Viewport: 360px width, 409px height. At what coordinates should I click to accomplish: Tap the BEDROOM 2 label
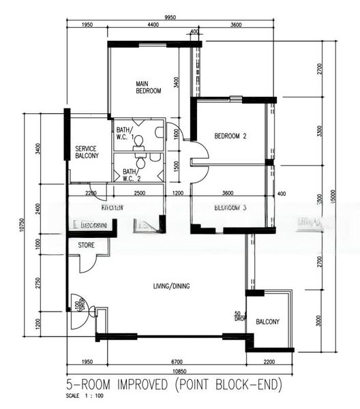point(230,136)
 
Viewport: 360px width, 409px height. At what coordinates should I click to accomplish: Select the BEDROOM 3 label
point(230,207)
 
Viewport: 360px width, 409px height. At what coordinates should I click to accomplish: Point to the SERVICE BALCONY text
point(87,152)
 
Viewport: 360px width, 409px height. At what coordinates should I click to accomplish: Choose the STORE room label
point(86,245)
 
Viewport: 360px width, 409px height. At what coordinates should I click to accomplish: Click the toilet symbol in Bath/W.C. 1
point(139,142)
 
